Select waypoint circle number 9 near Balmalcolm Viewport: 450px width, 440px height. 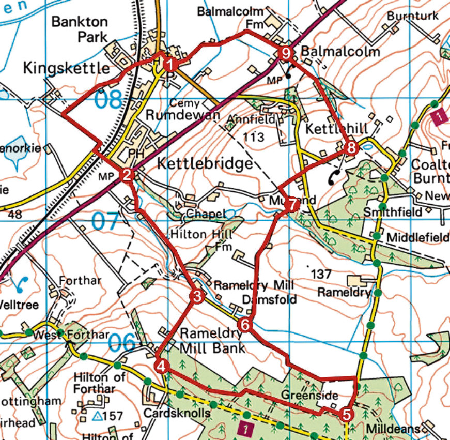286,53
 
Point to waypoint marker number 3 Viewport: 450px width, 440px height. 197,296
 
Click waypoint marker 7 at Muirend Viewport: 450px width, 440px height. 292,205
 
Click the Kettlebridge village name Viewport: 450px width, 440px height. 205,164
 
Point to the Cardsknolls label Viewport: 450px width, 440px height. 177,414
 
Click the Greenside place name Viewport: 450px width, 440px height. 309,396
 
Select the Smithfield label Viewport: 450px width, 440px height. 392,212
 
